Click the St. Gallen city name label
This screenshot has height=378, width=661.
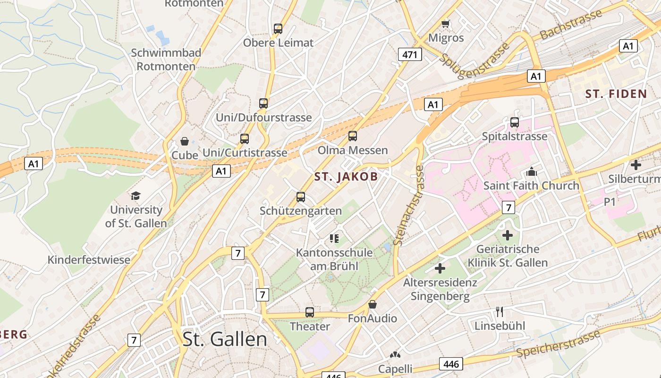(x=225, y=339)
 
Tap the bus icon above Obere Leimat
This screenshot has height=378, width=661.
(x=278, y=29)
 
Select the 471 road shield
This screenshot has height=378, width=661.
(x=409, y=54)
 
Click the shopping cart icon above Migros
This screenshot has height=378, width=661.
(x=445, y=23)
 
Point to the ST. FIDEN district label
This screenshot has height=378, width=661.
(x=616, y=94)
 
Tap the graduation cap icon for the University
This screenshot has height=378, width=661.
(x=136, y=196)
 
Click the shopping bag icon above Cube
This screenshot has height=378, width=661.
(x=185, y=141)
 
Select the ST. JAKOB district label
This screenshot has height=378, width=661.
(x=346, y=177)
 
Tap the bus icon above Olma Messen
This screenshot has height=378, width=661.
(x=353, y=137)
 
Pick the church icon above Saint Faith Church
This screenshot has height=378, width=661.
(x=532, y=172)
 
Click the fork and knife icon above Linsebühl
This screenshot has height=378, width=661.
(x=500, y=312)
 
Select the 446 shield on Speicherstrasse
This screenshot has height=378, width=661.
(x=451, y=364)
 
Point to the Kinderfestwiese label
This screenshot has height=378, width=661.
(x=89, y=260)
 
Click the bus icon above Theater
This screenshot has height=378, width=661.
(x=310, y=312)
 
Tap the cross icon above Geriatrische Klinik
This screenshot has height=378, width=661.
(x=508, y=235)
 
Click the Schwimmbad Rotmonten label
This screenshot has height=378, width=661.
(x=166, y=60)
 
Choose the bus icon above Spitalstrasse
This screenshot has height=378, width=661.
(x=515, y=122)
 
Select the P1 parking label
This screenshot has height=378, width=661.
(x=610, y=202)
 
